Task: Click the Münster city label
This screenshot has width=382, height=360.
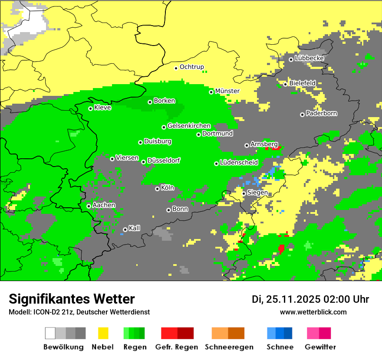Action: click(227, 91)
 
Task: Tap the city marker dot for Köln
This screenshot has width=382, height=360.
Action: click(157, 189)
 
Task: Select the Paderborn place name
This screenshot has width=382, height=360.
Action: click(321, 114)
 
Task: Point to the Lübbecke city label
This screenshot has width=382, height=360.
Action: click(309, 58)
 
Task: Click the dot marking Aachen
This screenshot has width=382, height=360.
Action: click(89, 206)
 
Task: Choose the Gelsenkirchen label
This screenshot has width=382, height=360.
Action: click(189, 126)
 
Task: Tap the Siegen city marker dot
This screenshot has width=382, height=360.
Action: click(244, 193)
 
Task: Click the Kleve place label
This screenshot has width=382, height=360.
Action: click(102, 108)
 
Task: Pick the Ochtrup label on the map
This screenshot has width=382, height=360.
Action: click(191, 67)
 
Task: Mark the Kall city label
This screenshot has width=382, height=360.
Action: click(134, 228)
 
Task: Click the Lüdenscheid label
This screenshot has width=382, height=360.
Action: click(239, 163)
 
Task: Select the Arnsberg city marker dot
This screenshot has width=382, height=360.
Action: click(247, 145)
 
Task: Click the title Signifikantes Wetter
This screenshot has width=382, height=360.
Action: click(72, 299)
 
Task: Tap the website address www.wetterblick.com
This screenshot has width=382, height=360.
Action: click(313, 312)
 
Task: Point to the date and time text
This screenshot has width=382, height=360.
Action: click(310, 299)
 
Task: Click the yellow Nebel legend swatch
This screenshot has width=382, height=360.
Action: click(103, 333)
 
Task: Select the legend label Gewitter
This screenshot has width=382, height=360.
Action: click(320, 347)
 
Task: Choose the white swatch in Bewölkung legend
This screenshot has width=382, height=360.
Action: click(50, 333)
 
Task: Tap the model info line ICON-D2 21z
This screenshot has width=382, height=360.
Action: click(79, 312)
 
